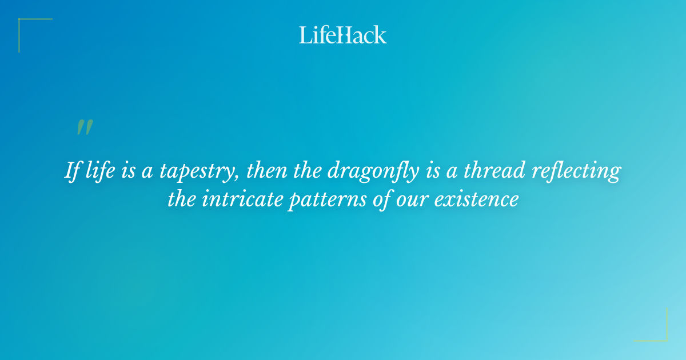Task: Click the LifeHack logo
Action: coord(343,35)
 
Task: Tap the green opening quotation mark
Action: coord(84,127)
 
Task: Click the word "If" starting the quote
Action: coord(71,171)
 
